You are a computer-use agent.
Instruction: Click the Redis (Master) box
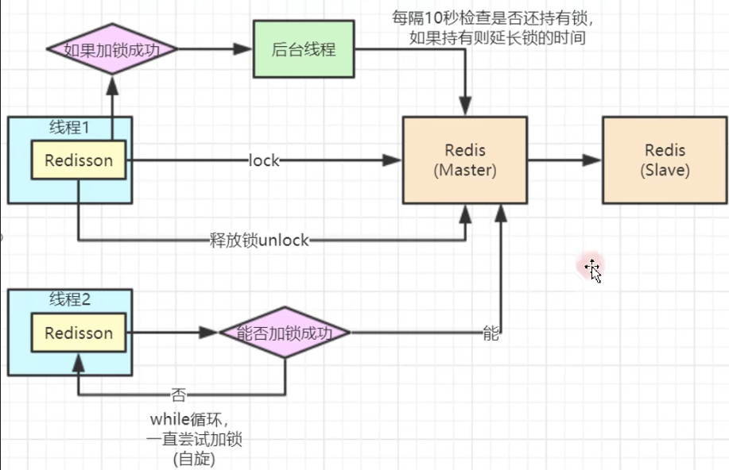[465, 160]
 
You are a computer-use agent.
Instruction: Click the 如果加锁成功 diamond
[112, 49]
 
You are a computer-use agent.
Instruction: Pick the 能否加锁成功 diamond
[285, 333]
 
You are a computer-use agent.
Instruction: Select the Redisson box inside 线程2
[78, 333]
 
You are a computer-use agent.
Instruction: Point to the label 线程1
[70, 125]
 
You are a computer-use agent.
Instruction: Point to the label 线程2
[70, 299]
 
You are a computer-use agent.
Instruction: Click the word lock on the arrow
[264, 160]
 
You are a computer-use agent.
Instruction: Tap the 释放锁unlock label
[258, 240]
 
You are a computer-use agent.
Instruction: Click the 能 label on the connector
[491, 333]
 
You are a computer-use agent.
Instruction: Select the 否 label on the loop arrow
[179, 394]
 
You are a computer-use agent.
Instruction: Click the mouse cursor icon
[593, 270]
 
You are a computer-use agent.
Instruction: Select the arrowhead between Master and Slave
[591, 160]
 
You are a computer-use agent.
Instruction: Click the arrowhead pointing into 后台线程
[243, 49]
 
